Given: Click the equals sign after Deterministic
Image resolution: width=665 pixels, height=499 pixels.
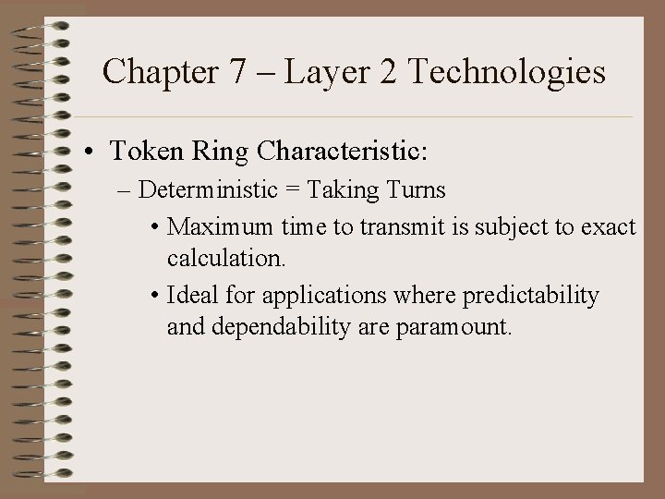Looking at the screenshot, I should click(x=293, y=190).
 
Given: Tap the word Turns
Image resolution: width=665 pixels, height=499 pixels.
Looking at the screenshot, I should click(x=415, y=190).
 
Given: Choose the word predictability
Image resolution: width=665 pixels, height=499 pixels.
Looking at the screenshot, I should click(x=530, y=296).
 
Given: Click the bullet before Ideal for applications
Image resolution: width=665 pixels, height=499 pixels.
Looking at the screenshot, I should click(x=156, y=296).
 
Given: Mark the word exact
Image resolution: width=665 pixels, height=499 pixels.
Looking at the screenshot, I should click(x=605, y=226).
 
